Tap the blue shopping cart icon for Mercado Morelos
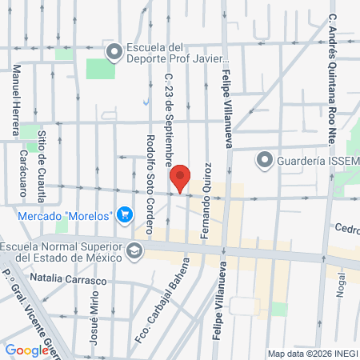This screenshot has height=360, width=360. click(124, 215)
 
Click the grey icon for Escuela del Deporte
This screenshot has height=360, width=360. click(114, 53)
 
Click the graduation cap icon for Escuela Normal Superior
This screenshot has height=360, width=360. click(135, 250)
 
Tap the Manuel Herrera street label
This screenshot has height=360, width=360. click(15, 92)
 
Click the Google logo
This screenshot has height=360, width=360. click(26, 350)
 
